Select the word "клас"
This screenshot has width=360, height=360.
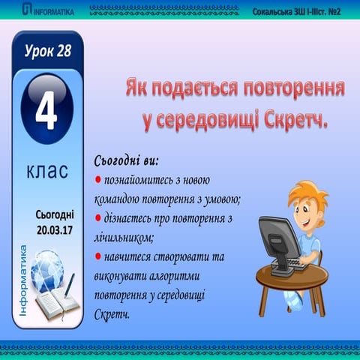tap(47, 170)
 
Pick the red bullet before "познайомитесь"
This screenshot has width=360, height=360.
tap(99, 181)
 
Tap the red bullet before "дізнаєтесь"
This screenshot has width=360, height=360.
tap(99, 219)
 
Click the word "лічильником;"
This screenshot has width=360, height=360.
tap(124, 237)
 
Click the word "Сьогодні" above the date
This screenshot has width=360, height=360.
tap(55, 214)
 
